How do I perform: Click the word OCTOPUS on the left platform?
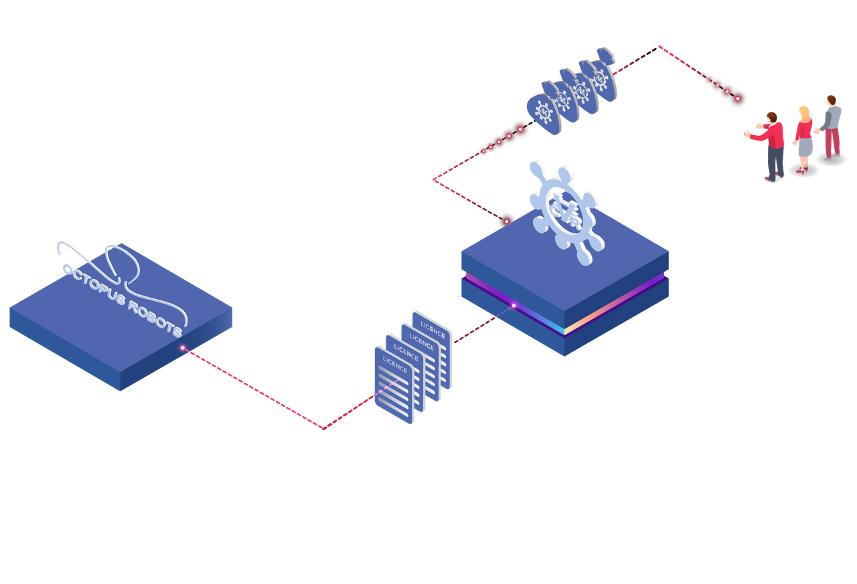pyautogui.click(x=94, y=285)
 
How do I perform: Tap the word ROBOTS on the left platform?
pyautogui.click(x=155, y=318)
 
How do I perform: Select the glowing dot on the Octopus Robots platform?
pyautogui.click(x=183, y=348)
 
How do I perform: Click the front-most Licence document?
pyautogui.click(x=394, y=385)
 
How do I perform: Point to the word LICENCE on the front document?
pyautogui.click(x=395, y=364)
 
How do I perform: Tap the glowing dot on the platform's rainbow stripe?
pyautogui.click(x=514, y=306)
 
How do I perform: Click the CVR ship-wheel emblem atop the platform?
pyautogui.click(x=566, y=213)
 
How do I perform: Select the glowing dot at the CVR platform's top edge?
pyautogui.click(x=507, y=221)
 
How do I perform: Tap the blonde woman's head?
pyautogui.click(x=804, y=112)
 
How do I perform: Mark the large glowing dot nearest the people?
pyautogui.click(x=738, y=98)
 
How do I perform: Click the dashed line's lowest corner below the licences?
pyautogui.click(x=323, y=429)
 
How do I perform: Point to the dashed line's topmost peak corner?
pyautogui.click(x=658, y=47)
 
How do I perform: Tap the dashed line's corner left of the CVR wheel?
pyautogui.click(x=433, y=179)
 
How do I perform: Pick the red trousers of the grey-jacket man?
pyautogui.click(x=832, y=143)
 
